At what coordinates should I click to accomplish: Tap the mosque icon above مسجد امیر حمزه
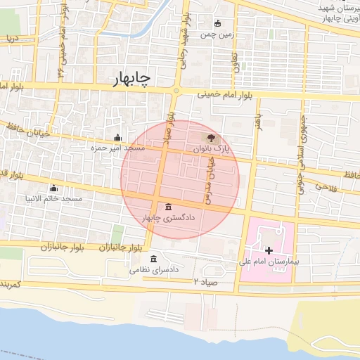[x=117, y=138]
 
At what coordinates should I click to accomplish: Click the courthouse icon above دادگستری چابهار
[x=167, y=207]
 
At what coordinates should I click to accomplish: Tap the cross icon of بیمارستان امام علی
[x=269, y=250]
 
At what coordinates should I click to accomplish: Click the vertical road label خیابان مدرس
[x=209, y=179]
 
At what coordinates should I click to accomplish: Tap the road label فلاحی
[x=327, y=187]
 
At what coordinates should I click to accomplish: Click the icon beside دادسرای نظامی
[x=154, y=259]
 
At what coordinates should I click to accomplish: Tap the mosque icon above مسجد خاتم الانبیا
[x=53, y=188]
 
